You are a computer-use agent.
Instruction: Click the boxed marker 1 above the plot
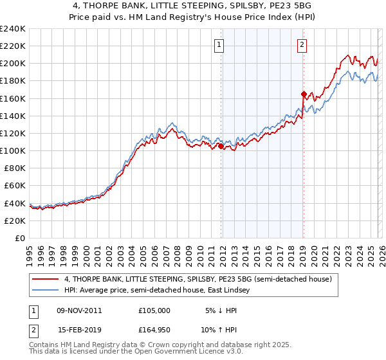220,45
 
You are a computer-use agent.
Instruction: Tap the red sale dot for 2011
221,146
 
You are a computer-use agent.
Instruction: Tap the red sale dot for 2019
303,94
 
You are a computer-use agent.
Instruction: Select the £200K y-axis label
13,63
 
